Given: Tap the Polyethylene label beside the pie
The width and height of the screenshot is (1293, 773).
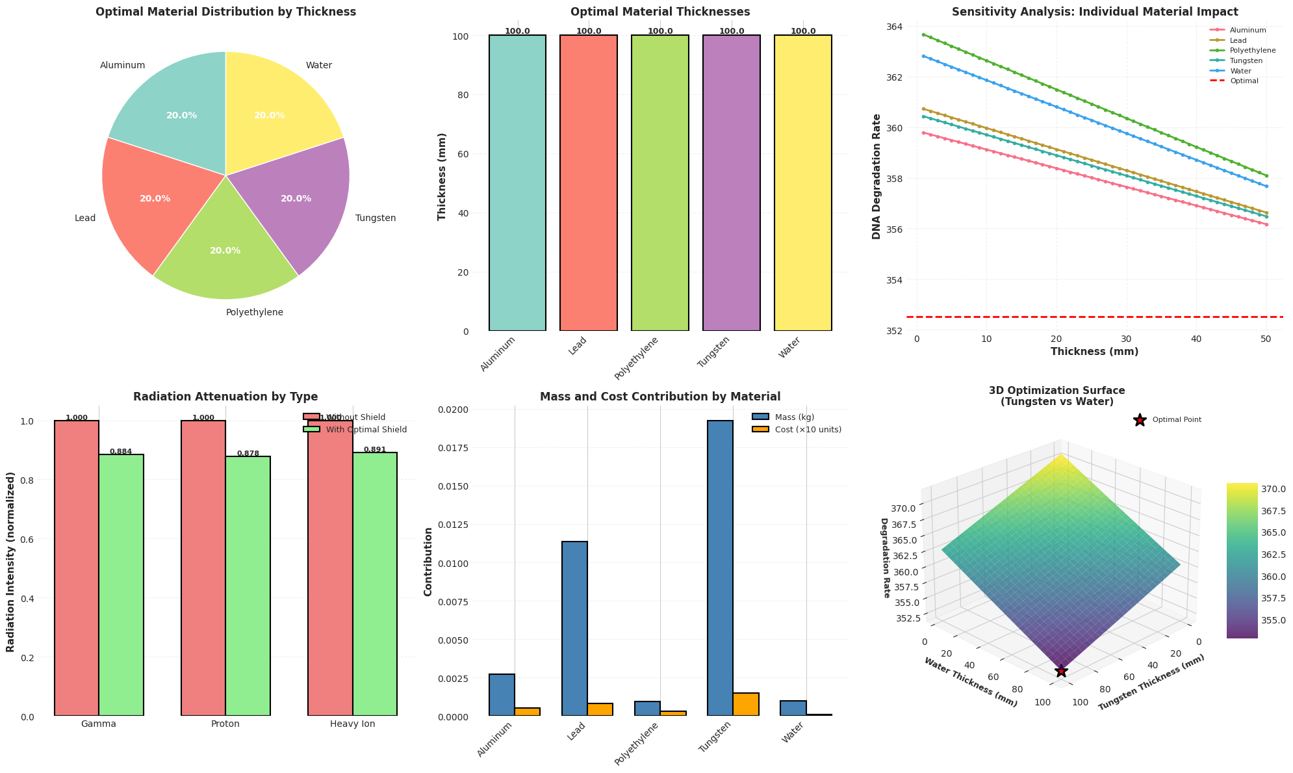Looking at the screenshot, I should [x=254, y=312].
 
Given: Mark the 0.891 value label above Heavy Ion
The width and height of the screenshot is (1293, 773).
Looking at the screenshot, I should [x=375, y=449].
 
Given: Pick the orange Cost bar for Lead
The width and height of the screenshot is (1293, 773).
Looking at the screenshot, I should [x=600, y=709].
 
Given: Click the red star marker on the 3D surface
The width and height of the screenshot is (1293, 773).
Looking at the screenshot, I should [x=1061, y=671].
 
